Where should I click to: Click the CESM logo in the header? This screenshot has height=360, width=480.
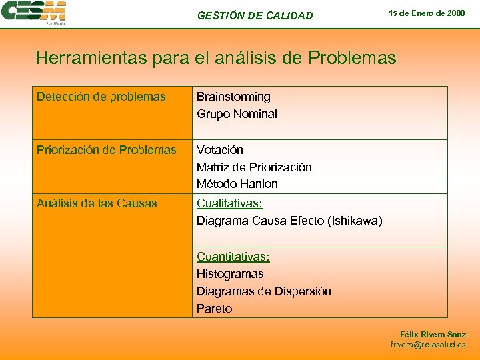point(33,13)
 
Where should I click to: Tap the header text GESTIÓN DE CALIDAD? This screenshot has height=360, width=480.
point(255,15)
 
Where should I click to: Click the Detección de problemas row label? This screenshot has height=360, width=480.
point(101,97)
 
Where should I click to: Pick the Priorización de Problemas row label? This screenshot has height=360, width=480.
point(107,150)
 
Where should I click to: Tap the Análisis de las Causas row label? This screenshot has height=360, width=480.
point(97,203)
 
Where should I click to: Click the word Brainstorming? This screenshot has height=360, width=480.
point(233,97)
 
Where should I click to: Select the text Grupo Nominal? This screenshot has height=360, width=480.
point(237,114)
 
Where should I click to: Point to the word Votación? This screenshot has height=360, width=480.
point(219,150)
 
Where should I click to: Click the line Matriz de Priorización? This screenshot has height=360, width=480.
point(254,167)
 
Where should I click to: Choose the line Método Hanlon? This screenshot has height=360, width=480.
point(237,184)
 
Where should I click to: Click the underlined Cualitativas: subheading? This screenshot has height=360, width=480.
point(229,203)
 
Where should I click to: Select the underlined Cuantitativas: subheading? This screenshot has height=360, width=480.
point(233,257)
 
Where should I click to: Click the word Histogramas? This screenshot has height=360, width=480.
point(230,274)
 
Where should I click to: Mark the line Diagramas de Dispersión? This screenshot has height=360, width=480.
point(263,291)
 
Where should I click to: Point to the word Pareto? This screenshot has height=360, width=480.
point(214,309)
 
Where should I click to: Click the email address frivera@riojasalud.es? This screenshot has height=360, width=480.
point(428,345)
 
